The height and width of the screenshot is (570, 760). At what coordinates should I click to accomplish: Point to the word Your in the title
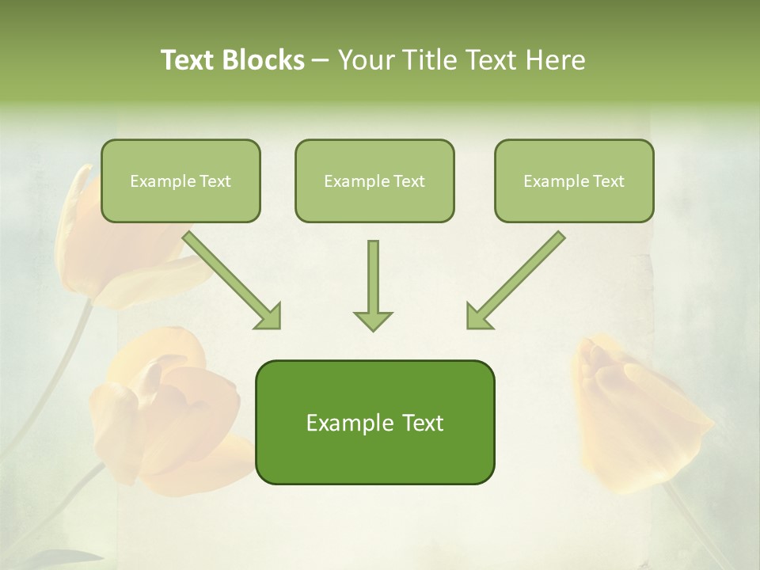point(363,60)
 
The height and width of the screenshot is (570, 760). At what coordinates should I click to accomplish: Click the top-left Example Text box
point(180,180)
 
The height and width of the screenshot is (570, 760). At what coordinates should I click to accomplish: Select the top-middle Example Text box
point(374,180)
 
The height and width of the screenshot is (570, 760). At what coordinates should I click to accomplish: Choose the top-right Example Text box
point(574,180)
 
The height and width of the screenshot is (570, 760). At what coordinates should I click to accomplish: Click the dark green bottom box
point(374,422)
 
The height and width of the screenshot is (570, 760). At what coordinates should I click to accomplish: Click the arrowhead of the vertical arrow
point(373,319)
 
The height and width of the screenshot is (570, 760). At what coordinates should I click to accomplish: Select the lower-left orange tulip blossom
point(166,412)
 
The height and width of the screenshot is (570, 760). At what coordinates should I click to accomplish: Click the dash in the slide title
point(321,60)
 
